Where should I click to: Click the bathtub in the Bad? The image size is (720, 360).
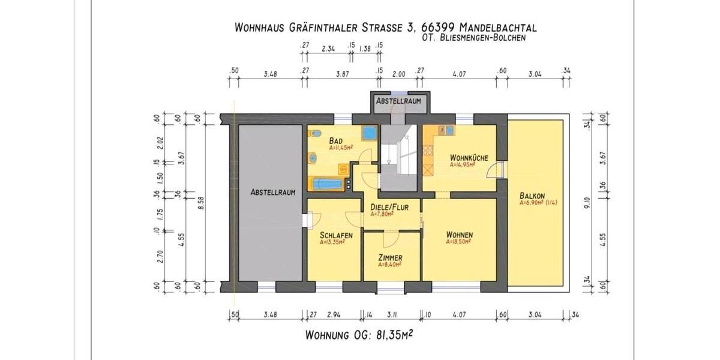pyautogui.click(x=328, y=184)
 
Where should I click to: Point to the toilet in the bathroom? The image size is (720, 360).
pyautogui.click(x=313, y=159)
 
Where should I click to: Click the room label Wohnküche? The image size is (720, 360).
pyautogui.click(x=469, y=158)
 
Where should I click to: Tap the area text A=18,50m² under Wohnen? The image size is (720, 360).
pyautogui.click(x=458, y=242)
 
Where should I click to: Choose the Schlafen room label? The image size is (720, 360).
pyautogui.click(x=336, y=235)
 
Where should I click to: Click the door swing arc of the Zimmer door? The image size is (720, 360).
pyautogui.click(x=388, y=239)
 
